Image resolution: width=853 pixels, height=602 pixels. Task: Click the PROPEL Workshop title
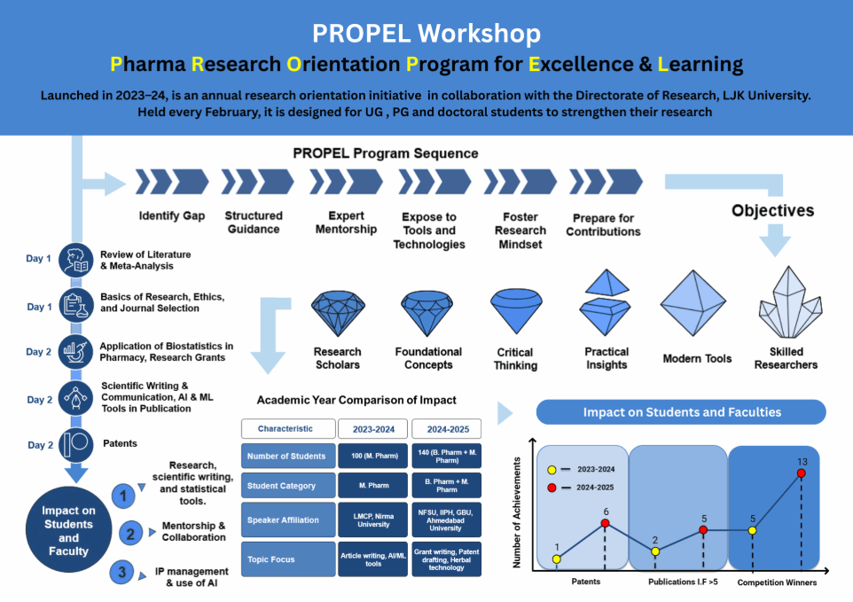426,34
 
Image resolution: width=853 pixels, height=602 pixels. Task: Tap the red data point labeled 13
802,473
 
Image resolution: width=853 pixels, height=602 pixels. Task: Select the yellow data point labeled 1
556,559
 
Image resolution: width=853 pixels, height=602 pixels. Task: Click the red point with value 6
606,523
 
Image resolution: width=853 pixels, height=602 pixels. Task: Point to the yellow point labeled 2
655,551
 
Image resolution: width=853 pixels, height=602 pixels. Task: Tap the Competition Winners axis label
777,582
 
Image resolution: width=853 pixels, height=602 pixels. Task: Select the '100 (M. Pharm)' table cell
372,456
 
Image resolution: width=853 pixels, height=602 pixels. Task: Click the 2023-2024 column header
372,428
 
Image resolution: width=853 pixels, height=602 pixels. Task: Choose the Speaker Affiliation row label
288,520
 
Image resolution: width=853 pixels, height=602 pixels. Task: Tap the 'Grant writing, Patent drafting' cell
446,559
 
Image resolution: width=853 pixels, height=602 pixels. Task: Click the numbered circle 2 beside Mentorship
130,533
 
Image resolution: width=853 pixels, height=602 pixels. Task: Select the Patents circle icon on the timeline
76,443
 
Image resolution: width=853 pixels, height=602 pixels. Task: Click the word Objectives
772,211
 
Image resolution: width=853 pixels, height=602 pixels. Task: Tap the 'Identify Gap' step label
172,215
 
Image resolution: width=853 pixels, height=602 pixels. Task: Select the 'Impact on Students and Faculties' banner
681,412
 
